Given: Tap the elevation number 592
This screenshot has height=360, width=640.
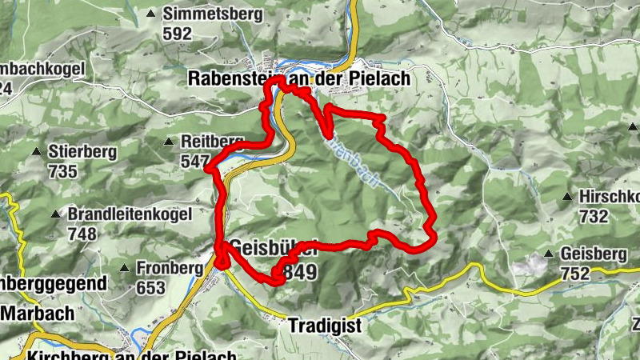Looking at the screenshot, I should (177, 34).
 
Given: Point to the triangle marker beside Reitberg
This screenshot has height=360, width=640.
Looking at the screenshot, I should (169, 142).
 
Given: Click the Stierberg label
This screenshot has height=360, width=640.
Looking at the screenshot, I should (82, 151).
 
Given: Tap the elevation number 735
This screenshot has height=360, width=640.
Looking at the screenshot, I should (62, 171).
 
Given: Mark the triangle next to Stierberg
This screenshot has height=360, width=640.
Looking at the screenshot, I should (36, 151).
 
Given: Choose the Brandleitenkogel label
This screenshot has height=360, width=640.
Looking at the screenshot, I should (130, 214).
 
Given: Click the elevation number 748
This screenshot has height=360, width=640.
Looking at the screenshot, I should (82, 234).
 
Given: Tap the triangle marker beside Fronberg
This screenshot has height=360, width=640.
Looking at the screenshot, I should (125, 267).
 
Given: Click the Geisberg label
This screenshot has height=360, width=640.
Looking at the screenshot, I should (594, 254).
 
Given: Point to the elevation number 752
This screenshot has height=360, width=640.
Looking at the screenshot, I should (575, 274).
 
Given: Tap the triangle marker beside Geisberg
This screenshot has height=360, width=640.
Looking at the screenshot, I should (549, 254).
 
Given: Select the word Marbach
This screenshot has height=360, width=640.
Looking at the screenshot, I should (38, 314).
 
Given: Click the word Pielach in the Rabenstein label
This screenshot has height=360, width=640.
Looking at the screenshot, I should (379, 78).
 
